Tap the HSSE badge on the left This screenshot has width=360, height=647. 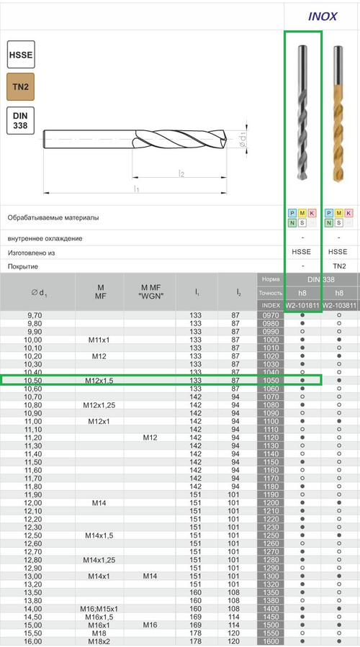(20, 55)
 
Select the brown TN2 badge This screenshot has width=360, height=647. (20, 87)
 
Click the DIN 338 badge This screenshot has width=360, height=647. (20, 120)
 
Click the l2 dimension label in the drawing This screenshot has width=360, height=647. (182, 173)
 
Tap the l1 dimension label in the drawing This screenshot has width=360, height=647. (136, 189)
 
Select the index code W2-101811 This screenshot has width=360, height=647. (302, 306)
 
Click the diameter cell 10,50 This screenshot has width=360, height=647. (34, 380)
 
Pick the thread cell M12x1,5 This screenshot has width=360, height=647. (100, 380)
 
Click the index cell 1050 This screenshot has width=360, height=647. (271, 380)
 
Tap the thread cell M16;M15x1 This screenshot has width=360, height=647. (100, 609)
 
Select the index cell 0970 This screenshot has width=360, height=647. (271, 315)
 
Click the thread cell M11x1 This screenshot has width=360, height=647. (100, 340)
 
